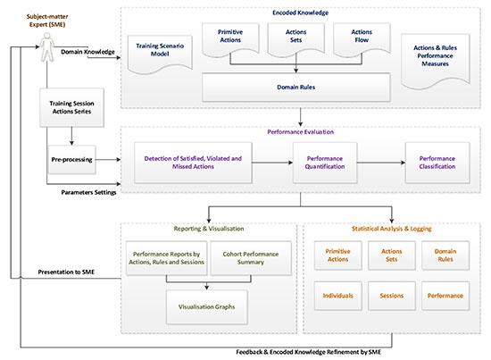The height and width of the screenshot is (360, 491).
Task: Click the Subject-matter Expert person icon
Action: point(47,47)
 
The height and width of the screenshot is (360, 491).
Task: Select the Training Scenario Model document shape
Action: point(160,54)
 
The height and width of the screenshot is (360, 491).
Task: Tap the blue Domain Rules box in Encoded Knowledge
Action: point(295,88)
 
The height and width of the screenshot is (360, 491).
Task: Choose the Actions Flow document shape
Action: point(362,39)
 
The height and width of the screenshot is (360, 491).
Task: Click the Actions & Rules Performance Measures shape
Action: point(436,60)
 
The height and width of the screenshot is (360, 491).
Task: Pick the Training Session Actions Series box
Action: point(71,107)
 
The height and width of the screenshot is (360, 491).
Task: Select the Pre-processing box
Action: point(71,160)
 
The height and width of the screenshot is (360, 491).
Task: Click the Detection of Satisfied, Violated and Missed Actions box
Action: point(193,163)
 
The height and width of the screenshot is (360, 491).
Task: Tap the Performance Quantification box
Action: point(325,163)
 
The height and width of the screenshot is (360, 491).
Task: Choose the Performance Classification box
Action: point(437,163)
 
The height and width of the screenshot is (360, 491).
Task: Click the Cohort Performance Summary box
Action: point(251,258)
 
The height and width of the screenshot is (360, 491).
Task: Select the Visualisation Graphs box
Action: point(207,306)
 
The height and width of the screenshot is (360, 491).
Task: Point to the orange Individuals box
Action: point(337,296)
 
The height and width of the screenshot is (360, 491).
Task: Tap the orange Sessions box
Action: point(392,296)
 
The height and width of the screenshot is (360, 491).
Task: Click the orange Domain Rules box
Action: point(445,255)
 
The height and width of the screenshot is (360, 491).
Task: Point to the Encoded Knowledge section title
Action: point(300,13)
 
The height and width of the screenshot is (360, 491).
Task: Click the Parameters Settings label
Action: point(88,192)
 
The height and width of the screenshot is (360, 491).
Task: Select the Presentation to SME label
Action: point(66,272)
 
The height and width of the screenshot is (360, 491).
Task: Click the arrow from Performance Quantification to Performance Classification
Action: point(381,163)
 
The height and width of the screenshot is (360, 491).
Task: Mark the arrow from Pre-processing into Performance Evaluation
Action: point(108,160)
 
